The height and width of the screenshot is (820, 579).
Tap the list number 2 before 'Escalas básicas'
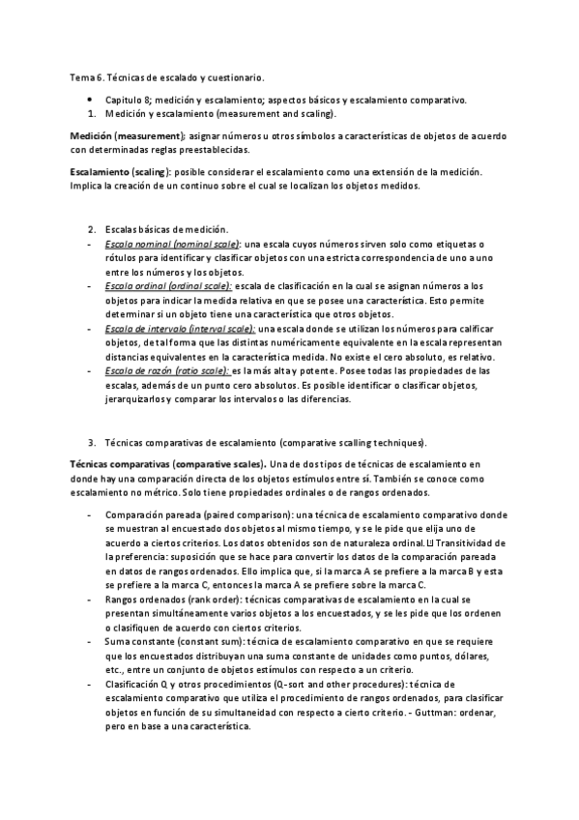(92, 229)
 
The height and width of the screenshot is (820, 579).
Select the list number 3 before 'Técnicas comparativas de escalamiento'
(92, 443)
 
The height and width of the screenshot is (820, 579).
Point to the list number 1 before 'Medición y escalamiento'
(92, 113)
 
